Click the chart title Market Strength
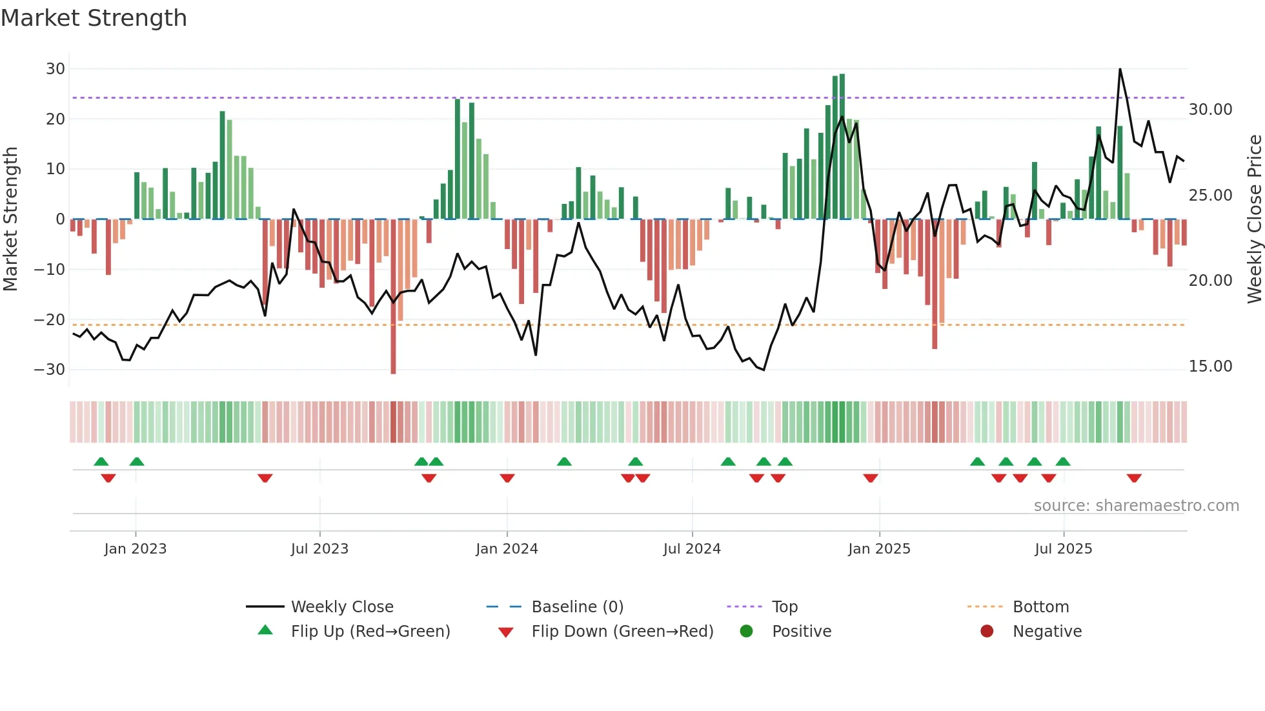pos(94,18)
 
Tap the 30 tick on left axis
pos(56,69)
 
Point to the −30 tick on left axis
pos(50,370)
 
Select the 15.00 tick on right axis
pos(1210,366)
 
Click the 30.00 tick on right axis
pos(1210,110)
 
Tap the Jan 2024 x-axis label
pos(507,549)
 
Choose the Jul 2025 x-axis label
pos(1063,549)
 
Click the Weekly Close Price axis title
pos(1254,219)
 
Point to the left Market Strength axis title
pos(11,219)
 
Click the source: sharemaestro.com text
pos(1136,506)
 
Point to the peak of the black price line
pos(1120,69)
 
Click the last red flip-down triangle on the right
pos(1134,478)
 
